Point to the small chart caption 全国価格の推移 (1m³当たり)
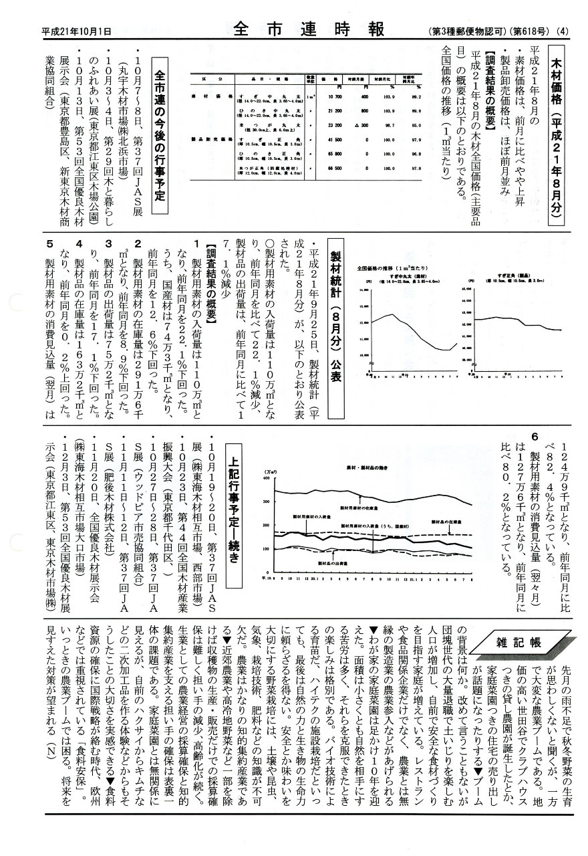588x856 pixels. point(394,268)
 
